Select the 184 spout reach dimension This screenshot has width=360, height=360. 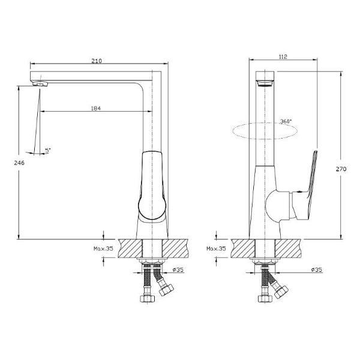click(x=95, y=108)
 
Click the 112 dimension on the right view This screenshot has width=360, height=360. click(x=283, y=57)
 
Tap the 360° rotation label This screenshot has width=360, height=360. click(x=286, y=122)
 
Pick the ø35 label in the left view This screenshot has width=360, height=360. click(x=178, y=270)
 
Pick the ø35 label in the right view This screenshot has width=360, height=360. click(x=317, y=270)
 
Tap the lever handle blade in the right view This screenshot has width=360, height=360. click(x=311, y=175)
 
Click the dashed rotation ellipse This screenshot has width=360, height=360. click(x=264, y=131)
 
